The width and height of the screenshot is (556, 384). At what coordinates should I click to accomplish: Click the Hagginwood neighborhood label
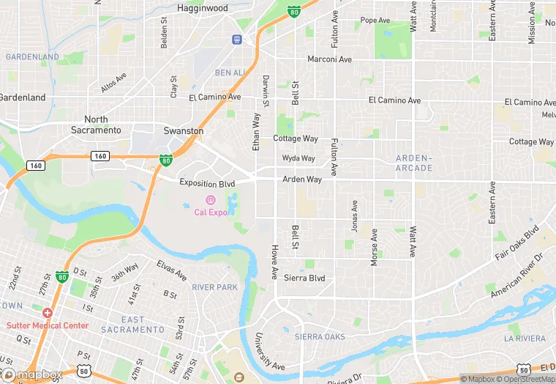pos(203,8)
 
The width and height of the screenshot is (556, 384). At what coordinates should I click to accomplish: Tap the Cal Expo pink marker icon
pos(211,200)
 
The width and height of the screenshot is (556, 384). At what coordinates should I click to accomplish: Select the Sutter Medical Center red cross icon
pos(47,313)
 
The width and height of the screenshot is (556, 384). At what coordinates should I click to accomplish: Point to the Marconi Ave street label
pos(329,59)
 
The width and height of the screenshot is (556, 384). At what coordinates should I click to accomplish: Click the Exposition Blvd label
pos(207,183)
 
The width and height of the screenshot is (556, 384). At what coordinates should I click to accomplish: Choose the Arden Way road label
pos(302,179)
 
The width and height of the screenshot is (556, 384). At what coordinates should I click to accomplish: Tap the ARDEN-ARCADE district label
pos(414,163)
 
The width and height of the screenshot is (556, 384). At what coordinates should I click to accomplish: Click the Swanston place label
pos(183,130)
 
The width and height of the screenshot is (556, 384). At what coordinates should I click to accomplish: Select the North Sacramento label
pos(96,125)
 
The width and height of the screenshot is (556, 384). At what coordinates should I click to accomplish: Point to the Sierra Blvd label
pos(304,278)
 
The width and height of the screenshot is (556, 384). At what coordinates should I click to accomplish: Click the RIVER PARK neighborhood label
pos(215,287)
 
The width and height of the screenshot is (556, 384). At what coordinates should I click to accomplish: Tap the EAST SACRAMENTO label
pos(133,325)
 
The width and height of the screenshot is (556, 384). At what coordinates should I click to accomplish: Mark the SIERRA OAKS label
pos(319,337)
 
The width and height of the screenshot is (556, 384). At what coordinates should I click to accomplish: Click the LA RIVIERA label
pos(525,338)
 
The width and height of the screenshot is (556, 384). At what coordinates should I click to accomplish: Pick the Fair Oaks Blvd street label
pos(516,244)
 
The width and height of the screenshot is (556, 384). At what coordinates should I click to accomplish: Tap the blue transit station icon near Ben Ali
pos(237,40)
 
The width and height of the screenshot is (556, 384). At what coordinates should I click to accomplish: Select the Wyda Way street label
pos(298,158)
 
